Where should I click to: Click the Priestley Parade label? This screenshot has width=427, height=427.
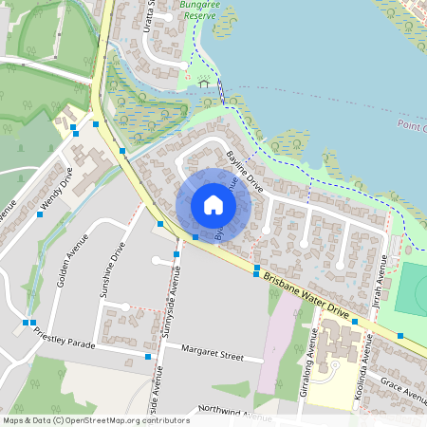tap(65, 338)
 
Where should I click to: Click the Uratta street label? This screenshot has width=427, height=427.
tap(149, 16)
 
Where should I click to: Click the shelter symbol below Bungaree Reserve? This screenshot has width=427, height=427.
tap(203, 84)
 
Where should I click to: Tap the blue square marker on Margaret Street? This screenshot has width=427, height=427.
tap(148, 357)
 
